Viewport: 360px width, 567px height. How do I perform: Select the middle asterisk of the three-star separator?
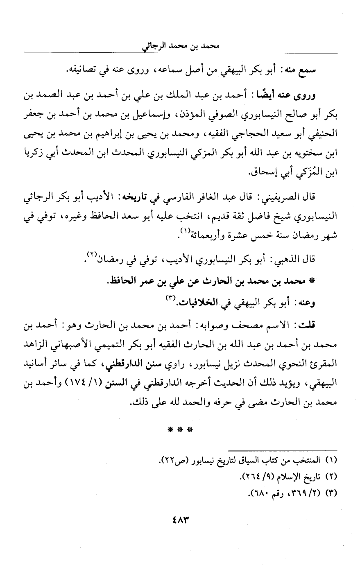coord(180,430)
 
